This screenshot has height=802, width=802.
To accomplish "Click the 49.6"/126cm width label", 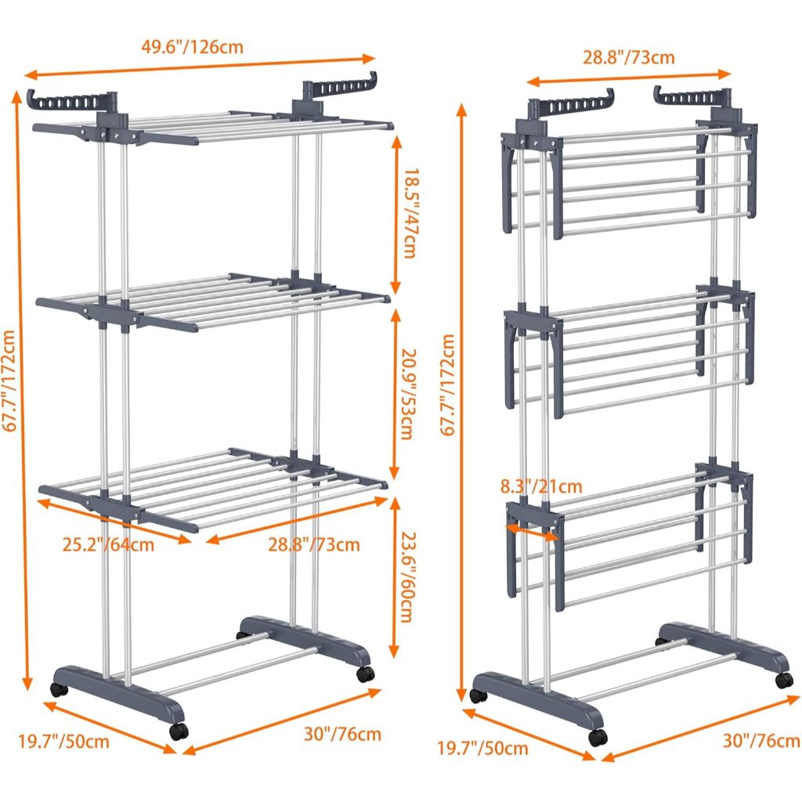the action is (x=193, y=47).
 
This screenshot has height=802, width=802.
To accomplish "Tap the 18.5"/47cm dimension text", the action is (x=410, y=213).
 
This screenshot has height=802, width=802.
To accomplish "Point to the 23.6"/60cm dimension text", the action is (x=406, y=577).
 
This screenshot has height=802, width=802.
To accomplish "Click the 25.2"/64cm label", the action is (x=108, y=544).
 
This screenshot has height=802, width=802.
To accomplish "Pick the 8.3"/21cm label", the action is (x=541, y=486).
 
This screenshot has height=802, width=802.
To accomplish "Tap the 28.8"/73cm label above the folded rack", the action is (x=629, y=57).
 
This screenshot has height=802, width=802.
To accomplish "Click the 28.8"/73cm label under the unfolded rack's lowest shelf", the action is (x=314, y=544).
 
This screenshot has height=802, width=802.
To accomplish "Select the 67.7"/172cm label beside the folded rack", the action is (x=447, y=385).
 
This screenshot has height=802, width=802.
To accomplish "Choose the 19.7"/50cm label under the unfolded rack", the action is (x=64, y=742).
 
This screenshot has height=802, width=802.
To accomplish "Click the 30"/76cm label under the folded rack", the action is (x=761, y=741).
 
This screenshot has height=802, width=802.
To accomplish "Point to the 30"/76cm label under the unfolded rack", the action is (x=343, y=734).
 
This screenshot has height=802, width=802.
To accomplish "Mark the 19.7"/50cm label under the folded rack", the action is (x=482, y=748).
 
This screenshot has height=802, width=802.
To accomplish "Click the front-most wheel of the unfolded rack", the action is (x=179, y=732).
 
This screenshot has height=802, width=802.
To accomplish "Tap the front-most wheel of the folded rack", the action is (x=598, y=737).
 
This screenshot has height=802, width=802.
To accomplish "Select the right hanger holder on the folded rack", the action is (x=693, y=96).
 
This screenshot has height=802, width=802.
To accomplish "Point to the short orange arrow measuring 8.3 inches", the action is (x=533, y=530).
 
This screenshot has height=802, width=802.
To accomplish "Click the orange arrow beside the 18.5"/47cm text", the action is (x=396, y=215).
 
